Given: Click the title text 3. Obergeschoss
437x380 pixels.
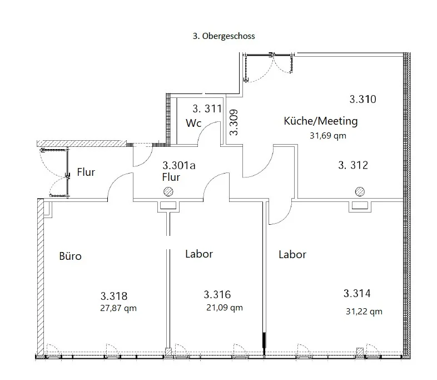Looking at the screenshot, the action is click(224, 36).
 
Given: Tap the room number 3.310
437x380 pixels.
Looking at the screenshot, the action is click(363, 99).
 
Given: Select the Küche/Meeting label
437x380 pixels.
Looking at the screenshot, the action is click(321, 121).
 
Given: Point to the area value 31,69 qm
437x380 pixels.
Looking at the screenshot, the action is click(328, 136).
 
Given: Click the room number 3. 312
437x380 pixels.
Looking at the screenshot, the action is click(353, 165).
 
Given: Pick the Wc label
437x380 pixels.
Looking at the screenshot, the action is click(193, 123).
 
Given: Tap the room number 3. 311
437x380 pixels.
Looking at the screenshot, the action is click(207, 108).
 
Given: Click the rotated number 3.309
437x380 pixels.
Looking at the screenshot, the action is click(234, 122).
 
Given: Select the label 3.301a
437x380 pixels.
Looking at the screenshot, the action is click(179, 165).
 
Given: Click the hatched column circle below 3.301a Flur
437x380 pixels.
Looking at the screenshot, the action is click(168, 191).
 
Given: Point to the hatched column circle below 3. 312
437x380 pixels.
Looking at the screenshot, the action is click(360, 191).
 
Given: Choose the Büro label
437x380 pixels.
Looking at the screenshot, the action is click(70, 256).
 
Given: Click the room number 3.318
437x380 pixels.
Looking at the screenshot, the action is click(114, 296).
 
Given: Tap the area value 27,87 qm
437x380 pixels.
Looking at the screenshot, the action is click(118, 308).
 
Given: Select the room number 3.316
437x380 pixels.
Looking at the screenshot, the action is click(217, 294).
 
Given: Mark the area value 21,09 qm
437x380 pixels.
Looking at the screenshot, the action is click(225, 308).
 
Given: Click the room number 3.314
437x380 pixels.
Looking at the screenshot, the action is click(357, 293).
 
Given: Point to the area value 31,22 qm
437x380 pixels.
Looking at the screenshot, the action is click(364, 312).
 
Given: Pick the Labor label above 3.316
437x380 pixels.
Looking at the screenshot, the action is click(199, 254).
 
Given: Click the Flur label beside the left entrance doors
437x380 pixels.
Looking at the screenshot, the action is click(86, 172).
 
